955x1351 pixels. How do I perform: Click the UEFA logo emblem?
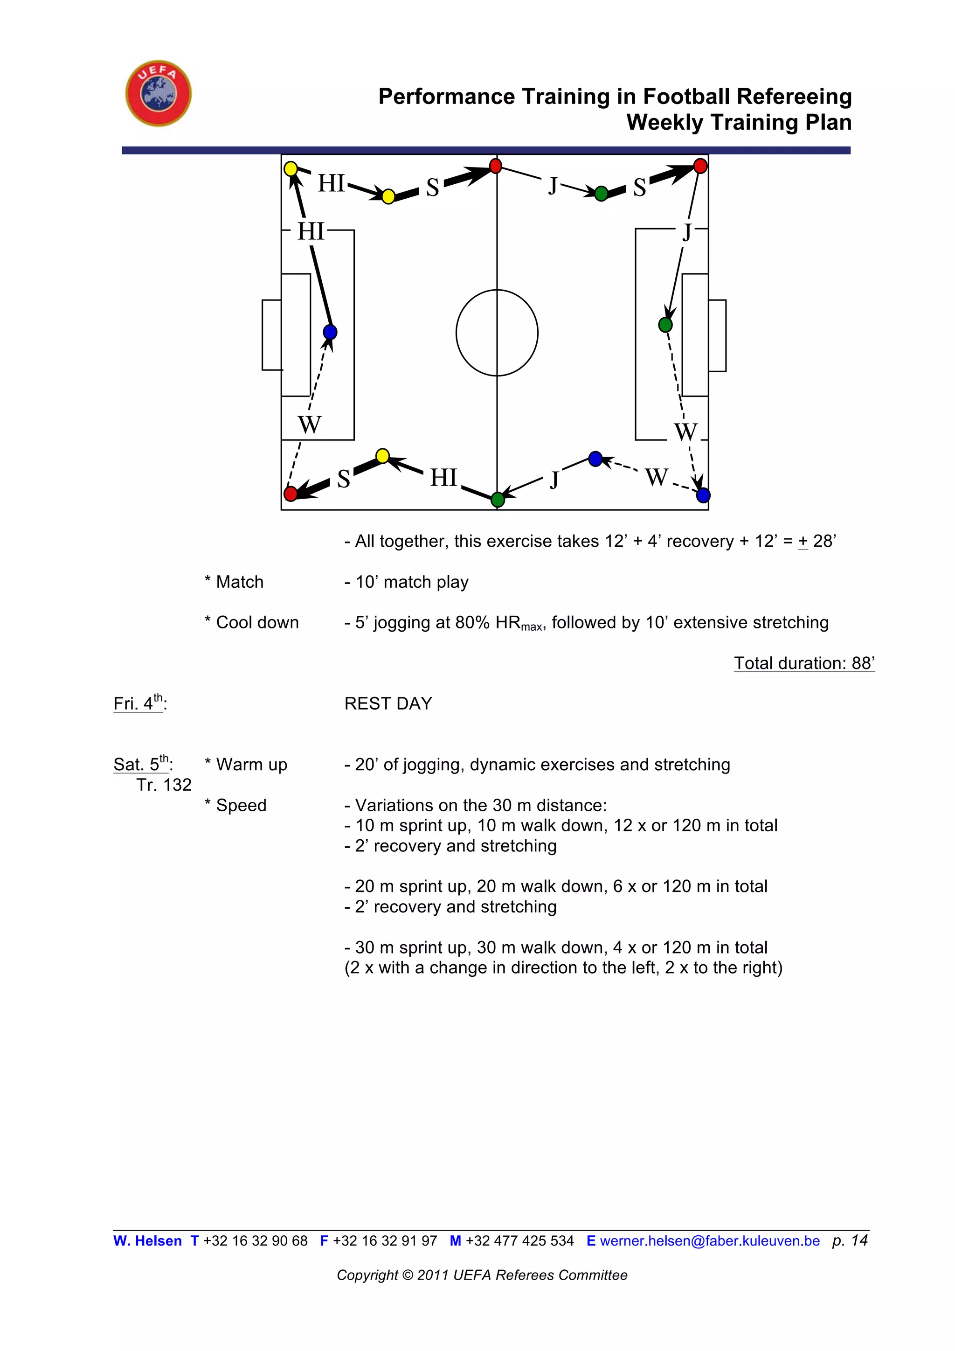tap(158, 93)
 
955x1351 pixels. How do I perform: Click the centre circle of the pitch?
tap(497, 333)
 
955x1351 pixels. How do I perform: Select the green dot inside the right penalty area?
tap(665, 324)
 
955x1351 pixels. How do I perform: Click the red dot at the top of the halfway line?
tap(496, 166)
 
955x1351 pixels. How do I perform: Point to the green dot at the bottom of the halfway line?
tap(498, 500)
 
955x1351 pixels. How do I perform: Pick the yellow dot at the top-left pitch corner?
tap(291, 169)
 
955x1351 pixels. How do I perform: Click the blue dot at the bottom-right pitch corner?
tap(703, 495)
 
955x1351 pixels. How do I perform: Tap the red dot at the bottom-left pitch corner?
tap(291, 493)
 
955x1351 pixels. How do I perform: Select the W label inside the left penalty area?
tap(309, 424)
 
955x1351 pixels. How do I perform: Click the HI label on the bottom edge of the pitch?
tap(443, 477)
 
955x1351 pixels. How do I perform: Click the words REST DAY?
tap(388, 703)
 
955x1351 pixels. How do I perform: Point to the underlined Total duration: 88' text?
tap(804, 663)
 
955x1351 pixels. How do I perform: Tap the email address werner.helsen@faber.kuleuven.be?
tap(709, 1241)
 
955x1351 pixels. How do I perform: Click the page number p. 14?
tap(850, 1240)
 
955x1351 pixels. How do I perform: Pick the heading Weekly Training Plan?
tap(739, 122)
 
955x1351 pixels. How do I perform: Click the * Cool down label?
tap(252, 622)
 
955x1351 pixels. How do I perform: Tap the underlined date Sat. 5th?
tap(142, 764)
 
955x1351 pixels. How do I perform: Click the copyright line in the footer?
tap(482, 1275)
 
